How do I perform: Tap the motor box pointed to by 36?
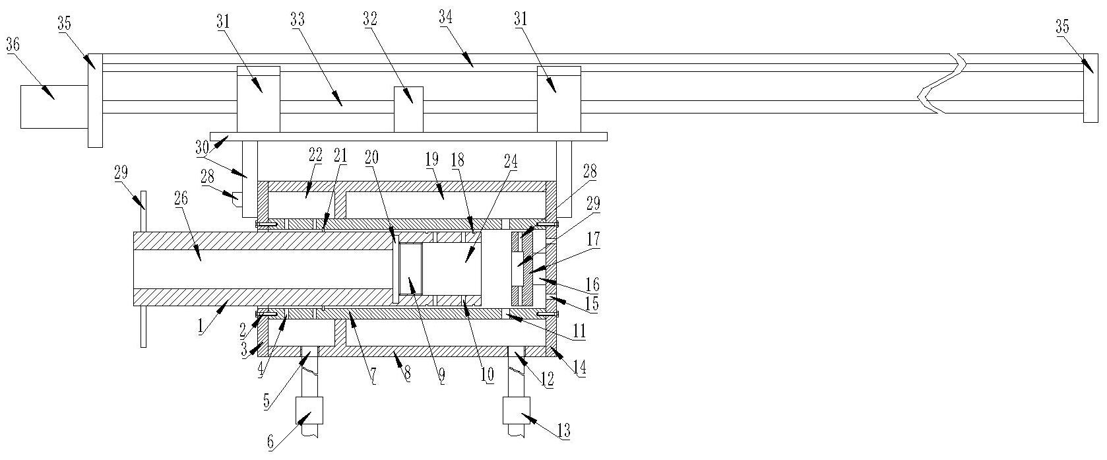[53, 106]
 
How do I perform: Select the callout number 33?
[298, 20]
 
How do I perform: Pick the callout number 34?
[446, 18]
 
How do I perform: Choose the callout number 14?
[581, 372]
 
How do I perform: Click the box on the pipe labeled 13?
[515, 410]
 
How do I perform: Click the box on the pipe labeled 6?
[310, 412]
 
